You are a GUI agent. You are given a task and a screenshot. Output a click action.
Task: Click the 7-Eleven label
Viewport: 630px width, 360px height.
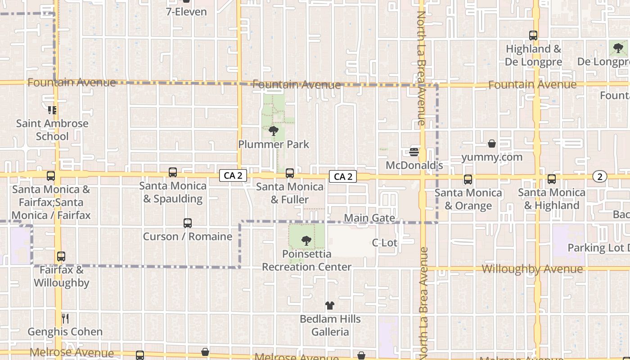point(186,12)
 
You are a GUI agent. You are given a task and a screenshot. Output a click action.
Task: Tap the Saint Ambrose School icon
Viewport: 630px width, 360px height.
point(52,110)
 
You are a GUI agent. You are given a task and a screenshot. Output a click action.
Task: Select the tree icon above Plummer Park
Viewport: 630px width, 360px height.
point(273,131)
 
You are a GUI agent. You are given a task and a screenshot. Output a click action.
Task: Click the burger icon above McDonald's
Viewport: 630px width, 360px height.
point(414,152)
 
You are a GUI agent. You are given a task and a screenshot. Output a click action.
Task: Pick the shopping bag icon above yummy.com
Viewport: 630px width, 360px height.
point(492,144)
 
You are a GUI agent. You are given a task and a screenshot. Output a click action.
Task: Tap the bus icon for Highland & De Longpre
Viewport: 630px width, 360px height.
point(533,35)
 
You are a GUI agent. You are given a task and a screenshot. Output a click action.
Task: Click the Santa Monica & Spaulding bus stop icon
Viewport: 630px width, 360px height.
point(173,172)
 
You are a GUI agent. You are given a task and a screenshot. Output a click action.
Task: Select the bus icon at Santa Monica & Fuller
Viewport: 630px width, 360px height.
point(290,173)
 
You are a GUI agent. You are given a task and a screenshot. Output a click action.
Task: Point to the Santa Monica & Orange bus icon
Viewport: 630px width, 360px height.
point(468,179)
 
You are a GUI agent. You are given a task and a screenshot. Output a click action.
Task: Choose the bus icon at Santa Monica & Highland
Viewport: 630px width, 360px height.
point(552,179)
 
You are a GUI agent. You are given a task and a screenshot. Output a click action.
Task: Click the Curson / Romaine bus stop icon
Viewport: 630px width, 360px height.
point(188,223)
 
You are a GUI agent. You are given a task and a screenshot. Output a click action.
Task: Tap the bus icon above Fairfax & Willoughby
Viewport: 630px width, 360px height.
point(61,256)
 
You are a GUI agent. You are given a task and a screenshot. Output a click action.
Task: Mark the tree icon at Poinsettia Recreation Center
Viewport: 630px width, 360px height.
point(306,240)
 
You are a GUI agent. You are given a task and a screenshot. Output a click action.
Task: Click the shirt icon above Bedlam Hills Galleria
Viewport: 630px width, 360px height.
point(330,306)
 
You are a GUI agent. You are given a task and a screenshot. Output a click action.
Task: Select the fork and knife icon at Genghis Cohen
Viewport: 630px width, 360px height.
point(65,319)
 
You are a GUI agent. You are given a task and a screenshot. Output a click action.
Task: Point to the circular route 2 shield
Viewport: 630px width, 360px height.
point(599,177)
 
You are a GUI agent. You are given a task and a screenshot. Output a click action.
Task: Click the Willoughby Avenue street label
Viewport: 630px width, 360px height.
point(532,269)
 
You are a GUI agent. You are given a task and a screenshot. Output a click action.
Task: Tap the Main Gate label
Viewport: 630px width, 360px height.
point(369,218)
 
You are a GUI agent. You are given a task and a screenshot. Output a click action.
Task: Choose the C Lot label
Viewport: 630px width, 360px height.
point(385,243)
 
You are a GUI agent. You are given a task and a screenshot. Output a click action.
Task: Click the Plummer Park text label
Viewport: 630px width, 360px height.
point(274,144)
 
